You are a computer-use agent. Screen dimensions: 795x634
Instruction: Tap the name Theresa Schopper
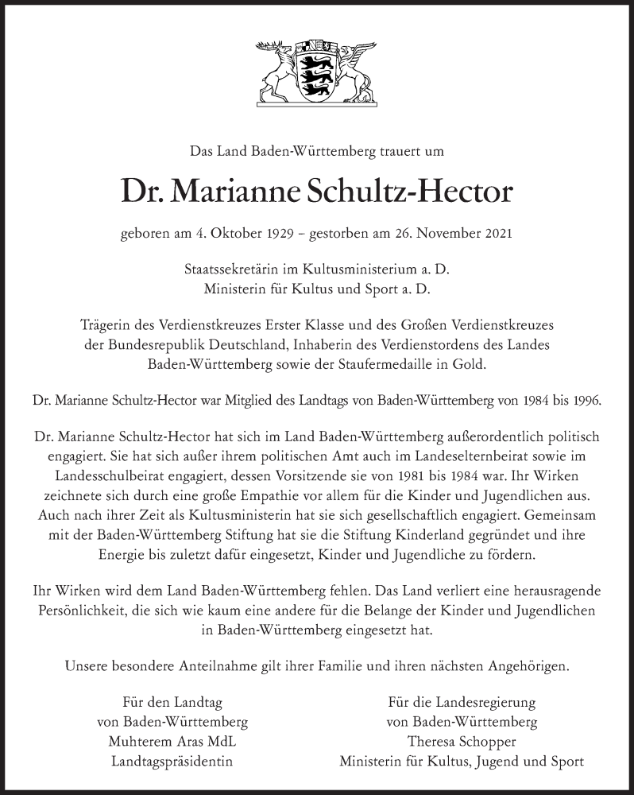(x=462, y=742)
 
